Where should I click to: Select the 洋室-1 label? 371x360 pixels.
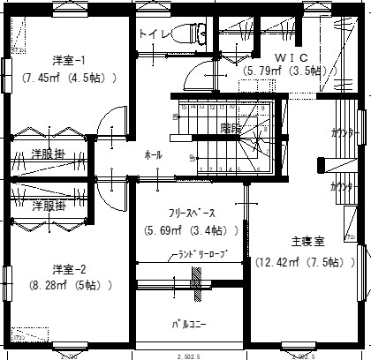coord(69,61)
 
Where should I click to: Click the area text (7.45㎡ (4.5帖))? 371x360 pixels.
coord(69,78)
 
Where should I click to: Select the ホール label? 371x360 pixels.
coord(153,155)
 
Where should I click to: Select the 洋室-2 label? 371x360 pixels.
coord(69,269)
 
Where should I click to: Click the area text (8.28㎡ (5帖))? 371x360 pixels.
coord(69,285)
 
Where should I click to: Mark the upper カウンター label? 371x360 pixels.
coord(344,133)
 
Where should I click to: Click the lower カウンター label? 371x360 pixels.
coord(344,187)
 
